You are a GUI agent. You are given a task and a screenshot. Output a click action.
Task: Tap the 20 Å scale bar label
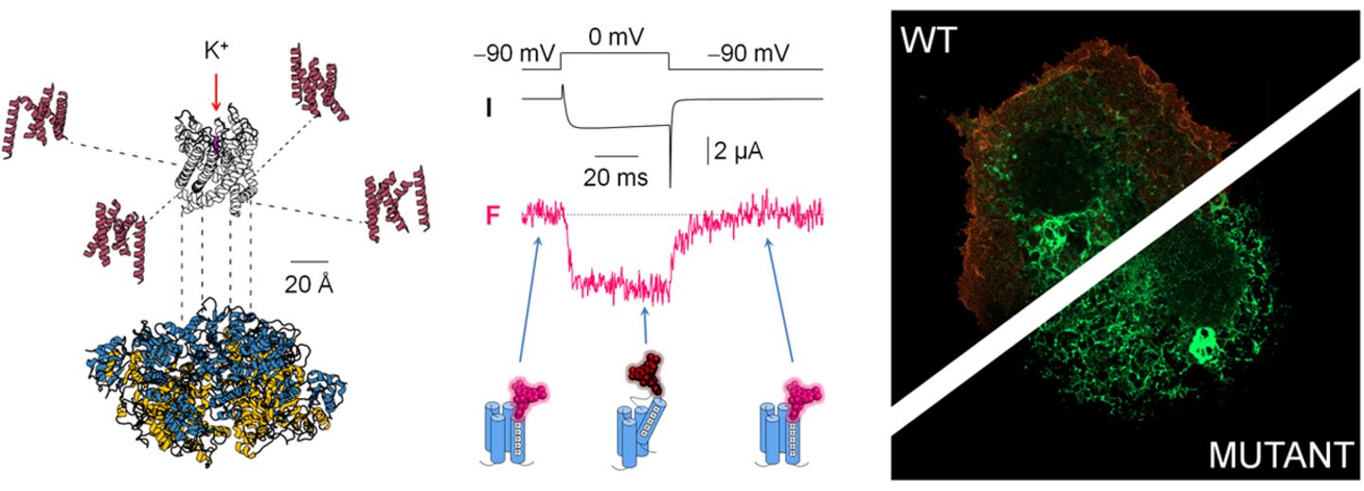pos(309,284)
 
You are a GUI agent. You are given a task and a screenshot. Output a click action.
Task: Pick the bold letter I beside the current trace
pos(489,106)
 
